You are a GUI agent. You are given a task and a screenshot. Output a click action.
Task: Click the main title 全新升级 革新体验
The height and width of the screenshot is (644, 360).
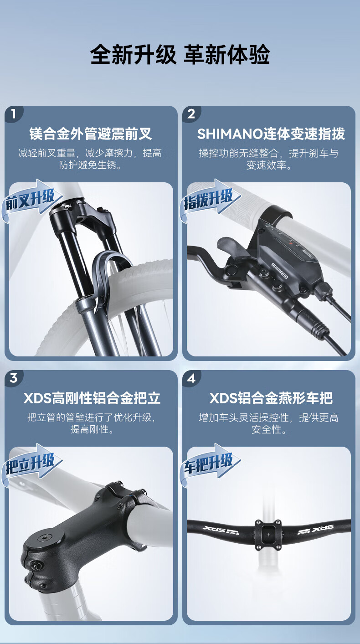click(x=180, y=54)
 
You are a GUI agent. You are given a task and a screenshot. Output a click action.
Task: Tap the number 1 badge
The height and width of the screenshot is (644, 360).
click(x=14, y=114)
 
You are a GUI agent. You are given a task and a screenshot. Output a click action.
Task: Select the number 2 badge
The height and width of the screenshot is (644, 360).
click(x=191, y=114)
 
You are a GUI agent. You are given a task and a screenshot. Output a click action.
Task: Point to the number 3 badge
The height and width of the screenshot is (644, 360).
click(x=14, y=378)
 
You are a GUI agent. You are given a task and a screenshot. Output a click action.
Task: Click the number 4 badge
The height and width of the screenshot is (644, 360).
click(x=191, y=378)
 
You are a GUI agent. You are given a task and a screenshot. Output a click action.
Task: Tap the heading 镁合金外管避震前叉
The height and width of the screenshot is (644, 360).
click(x=91, y=134)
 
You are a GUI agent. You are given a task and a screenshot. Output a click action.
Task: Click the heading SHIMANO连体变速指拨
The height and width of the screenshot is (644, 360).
click(x=271, y=134)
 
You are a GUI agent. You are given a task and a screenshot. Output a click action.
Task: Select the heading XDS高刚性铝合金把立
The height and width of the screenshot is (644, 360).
click(x=92, y=398)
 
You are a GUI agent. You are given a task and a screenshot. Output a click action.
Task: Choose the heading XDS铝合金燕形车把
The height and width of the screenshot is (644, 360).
click(x=271, y=398)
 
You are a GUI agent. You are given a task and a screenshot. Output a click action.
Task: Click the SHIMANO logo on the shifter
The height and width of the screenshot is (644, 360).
click(x=279, y=271)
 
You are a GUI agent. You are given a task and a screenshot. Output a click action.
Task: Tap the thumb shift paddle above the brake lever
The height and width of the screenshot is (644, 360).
click(x=233, y=248)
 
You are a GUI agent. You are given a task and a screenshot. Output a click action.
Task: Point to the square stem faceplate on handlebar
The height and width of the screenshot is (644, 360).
click(x=268, y=535)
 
